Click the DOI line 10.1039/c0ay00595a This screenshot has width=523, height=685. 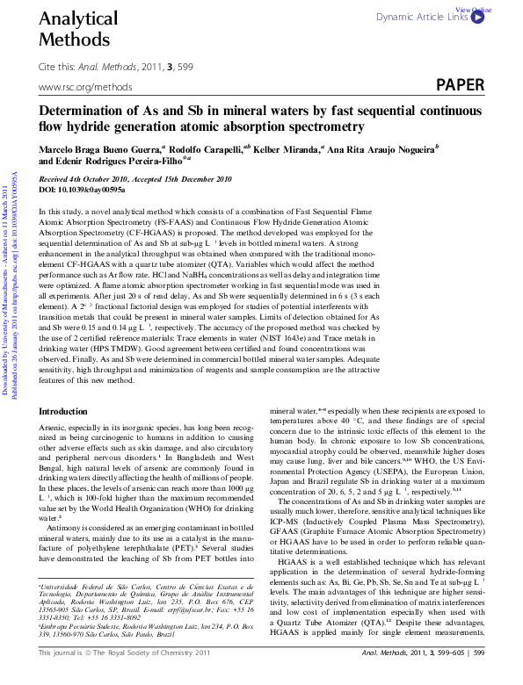pyautogui.click(x=83, y=189)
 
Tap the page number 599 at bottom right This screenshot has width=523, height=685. pyautogui.click(x=478, y=677)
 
